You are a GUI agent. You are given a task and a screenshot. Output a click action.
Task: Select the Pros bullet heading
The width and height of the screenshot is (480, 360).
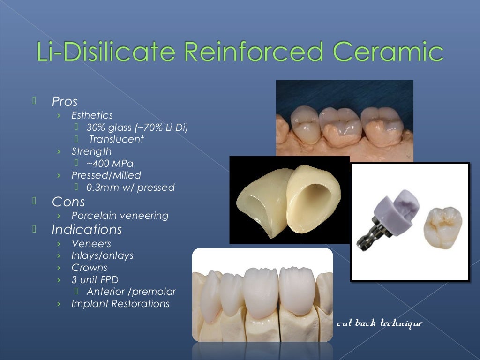pyautogui.click(x=65, y=101)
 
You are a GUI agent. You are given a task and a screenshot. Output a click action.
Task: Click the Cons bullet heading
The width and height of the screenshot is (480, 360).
pyautogui.click(x=68, y=202)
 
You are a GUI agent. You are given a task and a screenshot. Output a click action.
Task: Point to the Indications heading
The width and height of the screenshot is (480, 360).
pyautogui.click(x=87, y=230)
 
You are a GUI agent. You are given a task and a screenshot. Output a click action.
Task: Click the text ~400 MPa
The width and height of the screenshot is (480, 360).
pyautogui.click(x=110, y=164)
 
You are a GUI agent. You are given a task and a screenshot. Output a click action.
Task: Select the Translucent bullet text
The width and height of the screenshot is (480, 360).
pyautogui.click(x=116, y=139)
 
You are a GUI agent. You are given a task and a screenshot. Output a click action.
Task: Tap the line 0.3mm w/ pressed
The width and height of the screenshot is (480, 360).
pyautogui.click(x=130, y=187)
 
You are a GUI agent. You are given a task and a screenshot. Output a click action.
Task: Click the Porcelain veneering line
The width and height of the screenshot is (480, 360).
pyautogui.click(x=120, y=216)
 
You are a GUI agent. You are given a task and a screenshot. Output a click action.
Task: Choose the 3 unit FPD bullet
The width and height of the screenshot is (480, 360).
pyautogui.click(x=95, y=280)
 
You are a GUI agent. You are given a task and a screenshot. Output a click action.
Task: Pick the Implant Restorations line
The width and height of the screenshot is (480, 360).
pyautogui.click(x=120, y=304)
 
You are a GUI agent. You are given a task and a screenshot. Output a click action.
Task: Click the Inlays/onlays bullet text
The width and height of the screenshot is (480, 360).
pyautogui.click(x=102, y=255)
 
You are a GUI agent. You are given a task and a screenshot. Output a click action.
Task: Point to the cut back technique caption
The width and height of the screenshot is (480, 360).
pyautogui.click(x=380, y=323)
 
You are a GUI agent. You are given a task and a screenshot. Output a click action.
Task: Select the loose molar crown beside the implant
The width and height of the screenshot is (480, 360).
pyautogui.click(x=442, y=225)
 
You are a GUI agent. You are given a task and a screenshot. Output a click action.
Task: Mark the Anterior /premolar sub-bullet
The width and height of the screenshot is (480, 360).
pyautogui.click(x=131, y=292)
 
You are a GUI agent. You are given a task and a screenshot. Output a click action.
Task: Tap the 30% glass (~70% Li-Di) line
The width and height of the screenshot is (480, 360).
pyautogui.click(x=137, y=127)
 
